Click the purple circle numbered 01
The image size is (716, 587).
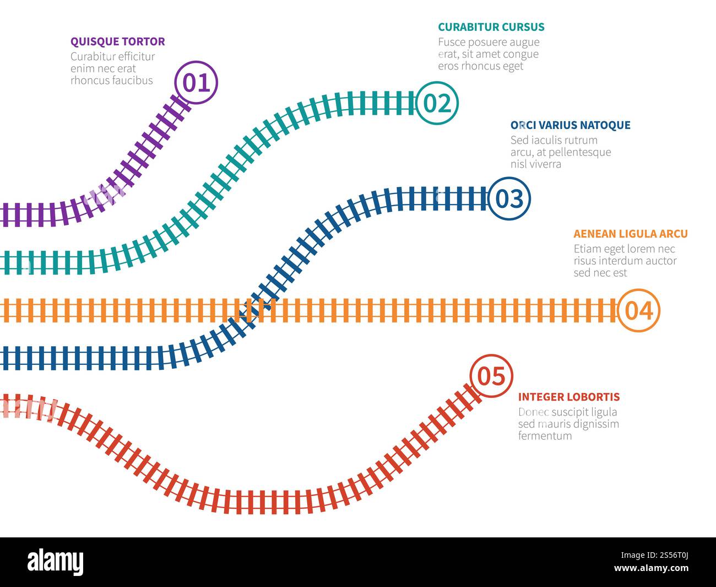[196, 83]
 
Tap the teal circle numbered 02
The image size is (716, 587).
[437, 103]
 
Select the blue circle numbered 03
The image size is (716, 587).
[509, 198]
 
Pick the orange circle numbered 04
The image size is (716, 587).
[638, 310]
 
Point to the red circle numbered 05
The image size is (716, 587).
[491, 376]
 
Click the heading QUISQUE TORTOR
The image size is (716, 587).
[117, 41]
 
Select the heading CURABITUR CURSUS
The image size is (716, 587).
[491, 27]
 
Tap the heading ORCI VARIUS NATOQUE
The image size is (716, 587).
[570, 125]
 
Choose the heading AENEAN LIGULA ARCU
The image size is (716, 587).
[630, 234]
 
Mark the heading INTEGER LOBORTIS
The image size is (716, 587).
[568, 397]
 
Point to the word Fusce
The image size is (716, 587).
[452, 42]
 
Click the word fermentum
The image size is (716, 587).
[545, 436]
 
